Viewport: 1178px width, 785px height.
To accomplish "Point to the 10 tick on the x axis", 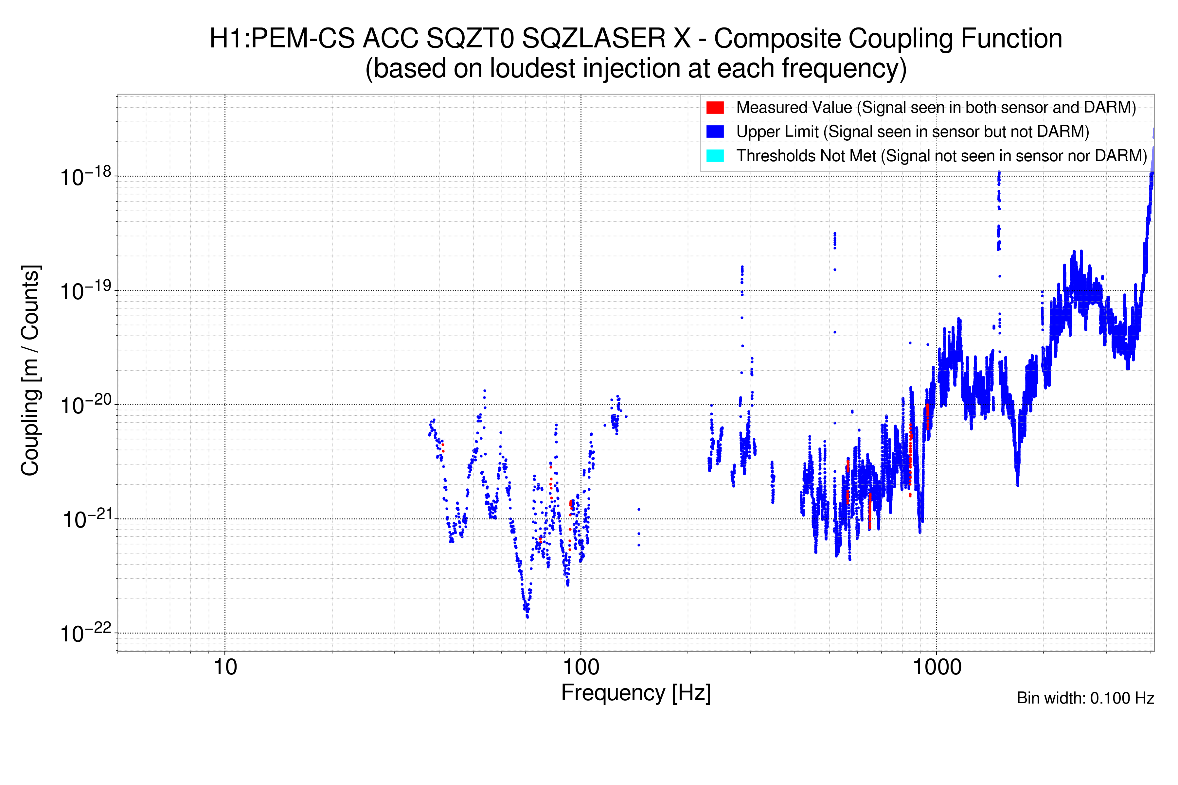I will coord(225,667).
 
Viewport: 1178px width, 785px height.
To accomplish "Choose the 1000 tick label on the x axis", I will coord(937,667).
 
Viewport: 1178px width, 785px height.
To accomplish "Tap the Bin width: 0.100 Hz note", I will coord(1085,698).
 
